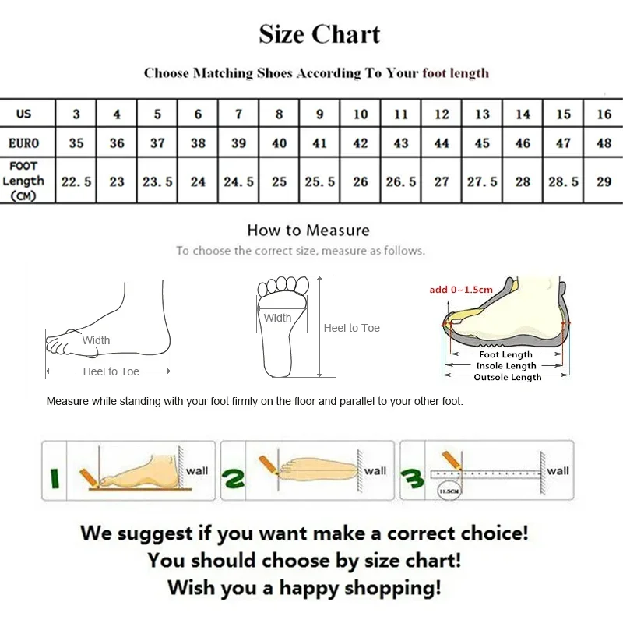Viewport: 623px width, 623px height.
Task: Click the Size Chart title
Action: pyautogui.click(x=319, y=35)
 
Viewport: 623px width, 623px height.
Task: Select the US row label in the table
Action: pyautogui.click(x=24, y=114)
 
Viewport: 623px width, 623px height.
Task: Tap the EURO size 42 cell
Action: pyautogui.click(x=361, y=143)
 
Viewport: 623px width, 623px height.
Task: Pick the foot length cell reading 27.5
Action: pyautogui.click(x=482, y=181)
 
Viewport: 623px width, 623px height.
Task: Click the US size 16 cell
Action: pyautogui.click(x=604, y=114)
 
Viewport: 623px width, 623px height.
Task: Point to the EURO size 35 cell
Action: pyautogui.click(x=76, y=143)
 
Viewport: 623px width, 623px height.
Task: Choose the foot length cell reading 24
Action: pyautogui.click(x=198, y=181)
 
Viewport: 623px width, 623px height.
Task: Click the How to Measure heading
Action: pyautogui.click(x=308, y=231)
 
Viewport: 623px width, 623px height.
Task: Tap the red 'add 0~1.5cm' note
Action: pyautogui.click(x=461, y=290)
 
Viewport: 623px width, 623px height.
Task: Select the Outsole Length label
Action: pyautogui.click(x=507, y=377)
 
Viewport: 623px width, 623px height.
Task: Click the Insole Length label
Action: pyautogui.click(x=506, y=366)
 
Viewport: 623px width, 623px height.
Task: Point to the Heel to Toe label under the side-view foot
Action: pyautogui.click(x=111, y=372)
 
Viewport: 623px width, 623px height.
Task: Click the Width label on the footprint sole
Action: pyautogui.click(x=277, y=318)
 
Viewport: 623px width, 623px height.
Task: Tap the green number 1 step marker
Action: pyautogui.click(x=55, y=476)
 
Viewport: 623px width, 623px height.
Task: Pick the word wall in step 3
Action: pyautogui.click(x=558, y=470)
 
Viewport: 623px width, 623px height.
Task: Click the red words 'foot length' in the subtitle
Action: pyautogui.click(x=456, y=73)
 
